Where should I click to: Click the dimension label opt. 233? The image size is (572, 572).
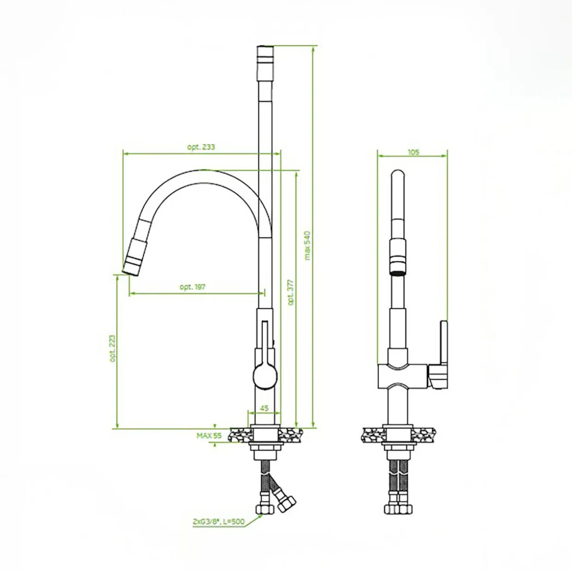[201, 147]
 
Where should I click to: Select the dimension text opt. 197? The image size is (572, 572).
[192, 287]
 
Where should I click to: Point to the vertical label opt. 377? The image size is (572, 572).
[291, 292]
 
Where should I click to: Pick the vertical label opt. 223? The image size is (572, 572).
[113, 348]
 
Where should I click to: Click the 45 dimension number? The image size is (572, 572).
[264, 408]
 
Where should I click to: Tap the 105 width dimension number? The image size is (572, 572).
[413, 152]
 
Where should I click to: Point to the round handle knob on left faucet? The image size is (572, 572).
[265, 377]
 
